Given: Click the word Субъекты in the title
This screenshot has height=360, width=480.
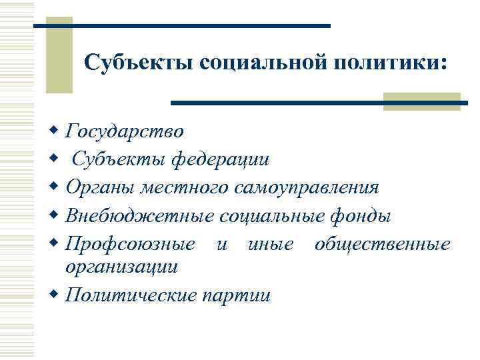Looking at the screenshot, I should pos(137,64).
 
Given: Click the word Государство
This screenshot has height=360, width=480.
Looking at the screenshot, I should pos(125,131).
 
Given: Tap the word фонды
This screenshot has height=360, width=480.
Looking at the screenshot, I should pos(360,217).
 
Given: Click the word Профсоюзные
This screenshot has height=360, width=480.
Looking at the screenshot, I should pos(131,245).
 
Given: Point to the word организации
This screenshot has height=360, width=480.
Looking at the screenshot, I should pos(121,267).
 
